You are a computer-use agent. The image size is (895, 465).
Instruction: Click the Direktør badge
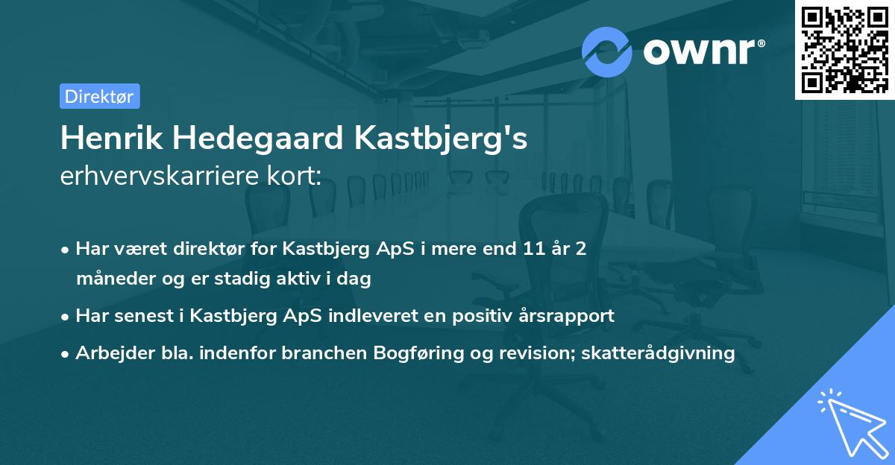click(x=99, y=96)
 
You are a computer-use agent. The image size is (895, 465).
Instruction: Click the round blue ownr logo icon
click(x=607, y=51)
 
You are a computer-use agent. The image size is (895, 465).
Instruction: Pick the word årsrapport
click(x=568, y=315)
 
